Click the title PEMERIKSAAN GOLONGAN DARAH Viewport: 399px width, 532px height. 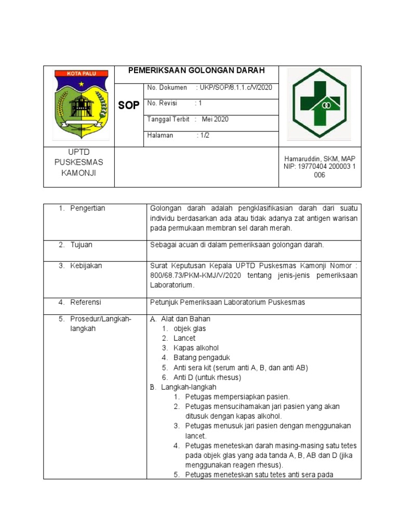pyautogui.click(x=197, y=70)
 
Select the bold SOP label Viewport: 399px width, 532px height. pyautogui.click(x=128, y=105)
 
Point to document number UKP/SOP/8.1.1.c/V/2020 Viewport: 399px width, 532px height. pyautogui.click(x=234, y=87)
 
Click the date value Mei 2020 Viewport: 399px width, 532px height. pyautogui.click(x=215, y=119)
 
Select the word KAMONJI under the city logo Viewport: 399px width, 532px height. pyautogui.click(x=79, y=173)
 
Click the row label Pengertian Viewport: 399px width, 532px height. pyautogui.click(x=88, y=208)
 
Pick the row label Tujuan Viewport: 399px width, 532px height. pyautogui.click(x=82, y=244)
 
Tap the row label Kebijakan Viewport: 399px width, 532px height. pyautogui.click(x=86, y=265)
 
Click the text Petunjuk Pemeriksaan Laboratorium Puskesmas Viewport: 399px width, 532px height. pyautogui.click(x=227, y=302)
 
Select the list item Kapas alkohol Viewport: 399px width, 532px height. pyautogui.click(x=196, y=348)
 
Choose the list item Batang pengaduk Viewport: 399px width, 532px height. pyautogui.click(x=202, y=357)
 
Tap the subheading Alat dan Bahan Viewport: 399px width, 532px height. pyautogui.click(x=185, y=318)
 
